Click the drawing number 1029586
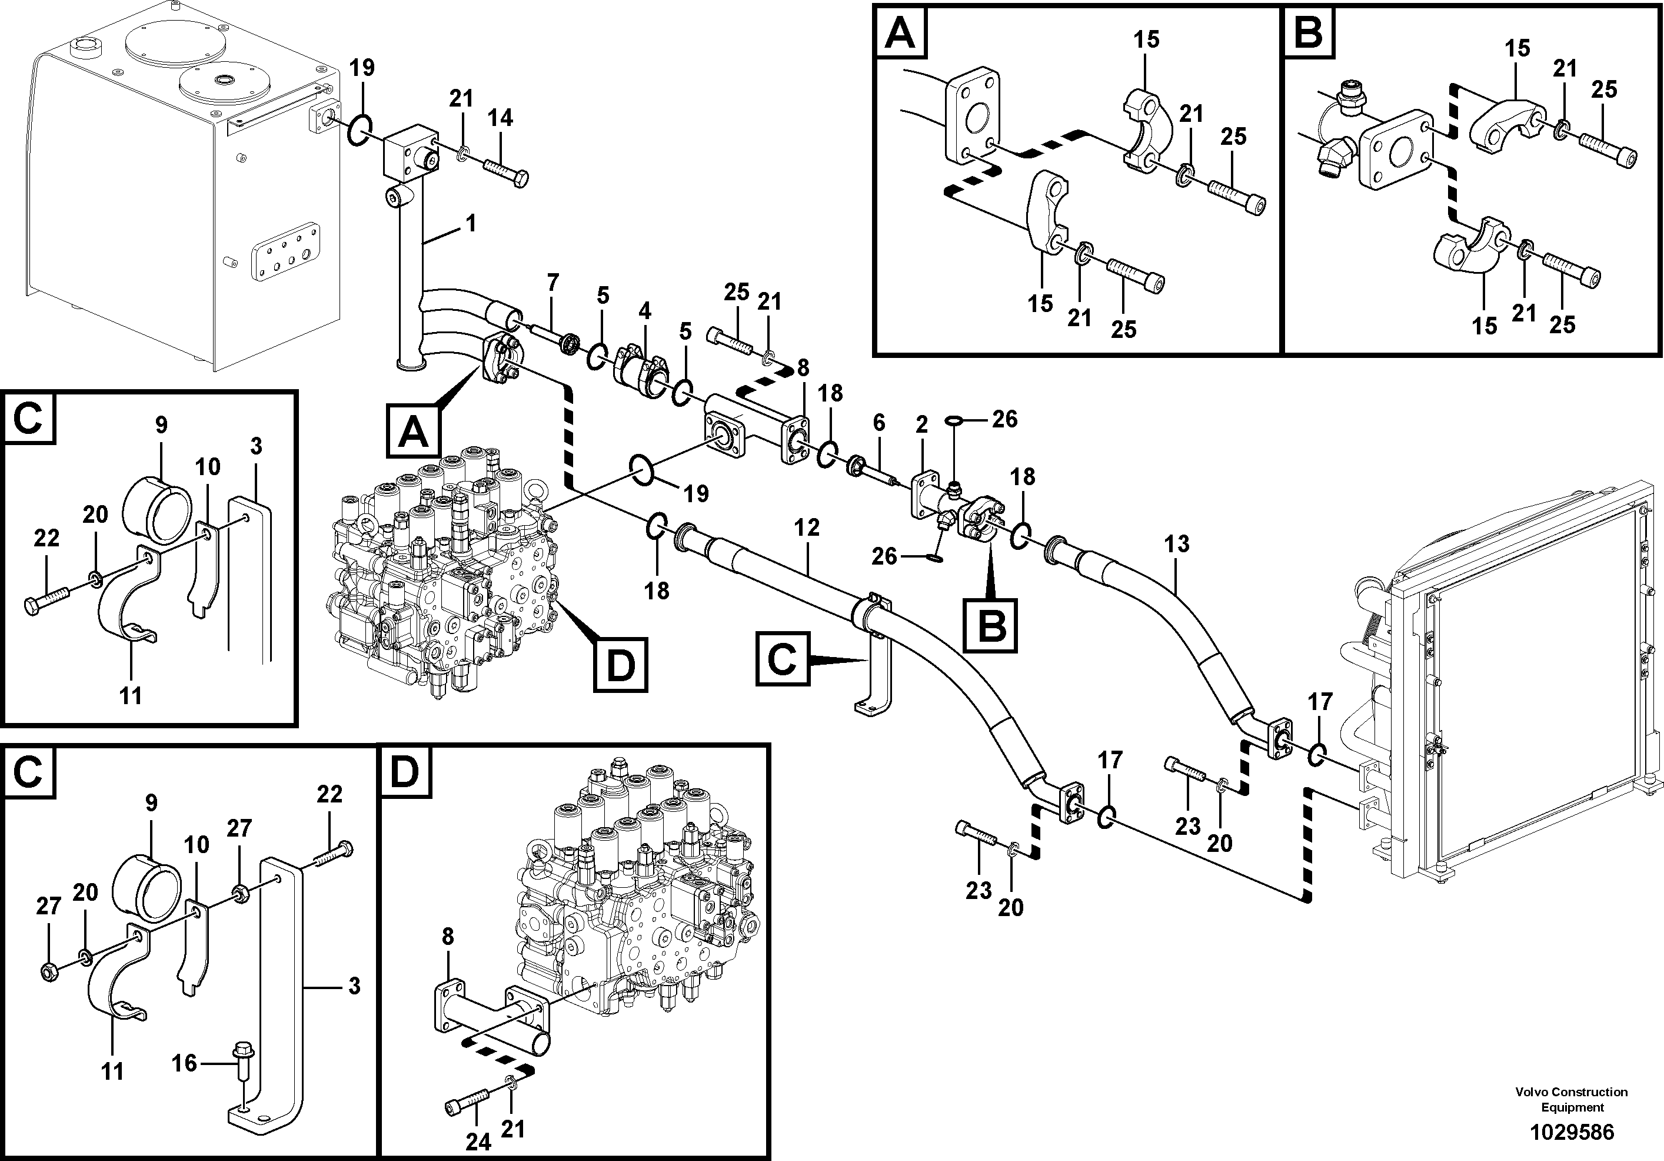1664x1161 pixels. click(x=1571, y=1132)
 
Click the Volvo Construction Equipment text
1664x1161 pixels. click(x=1571, y=1099)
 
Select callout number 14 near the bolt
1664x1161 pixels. click(x=500, y=118)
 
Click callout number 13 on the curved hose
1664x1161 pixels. click(x=1176, y=543)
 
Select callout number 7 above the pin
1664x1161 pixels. click(x=553, y=283)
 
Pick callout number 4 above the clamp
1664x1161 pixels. click(x=644, y=311)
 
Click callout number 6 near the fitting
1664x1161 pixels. click(x=878, y=422)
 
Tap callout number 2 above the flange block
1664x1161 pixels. click(x=921, y=425)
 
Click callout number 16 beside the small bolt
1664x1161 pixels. click(x=184, y=1063)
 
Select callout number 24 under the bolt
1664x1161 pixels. click(x=478, y=1142)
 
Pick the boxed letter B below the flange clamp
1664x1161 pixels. click(x=990, y=625)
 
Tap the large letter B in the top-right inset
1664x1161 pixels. click(x=1308, y=32)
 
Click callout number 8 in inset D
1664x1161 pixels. click(x=447, y=937)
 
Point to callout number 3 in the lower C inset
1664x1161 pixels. click(x=354, y=986)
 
